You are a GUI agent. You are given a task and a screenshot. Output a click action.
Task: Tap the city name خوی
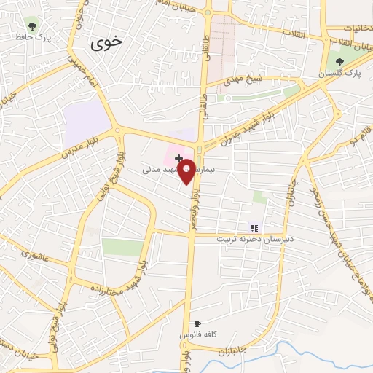pos(107,44)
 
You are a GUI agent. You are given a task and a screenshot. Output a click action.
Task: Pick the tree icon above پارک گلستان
pos(337,61)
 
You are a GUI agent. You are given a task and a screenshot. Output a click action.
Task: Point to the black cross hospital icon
pos(178,157)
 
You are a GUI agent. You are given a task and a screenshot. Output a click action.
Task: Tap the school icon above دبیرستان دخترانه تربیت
pos(254,227)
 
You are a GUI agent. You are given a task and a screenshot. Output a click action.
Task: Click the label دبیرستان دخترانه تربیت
pos(257,238)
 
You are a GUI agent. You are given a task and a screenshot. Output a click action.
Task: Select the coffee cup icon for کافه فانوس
pos(197,323)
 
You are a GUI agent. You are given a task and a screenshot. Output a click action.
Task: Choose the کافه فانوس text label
pos(195,334)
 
